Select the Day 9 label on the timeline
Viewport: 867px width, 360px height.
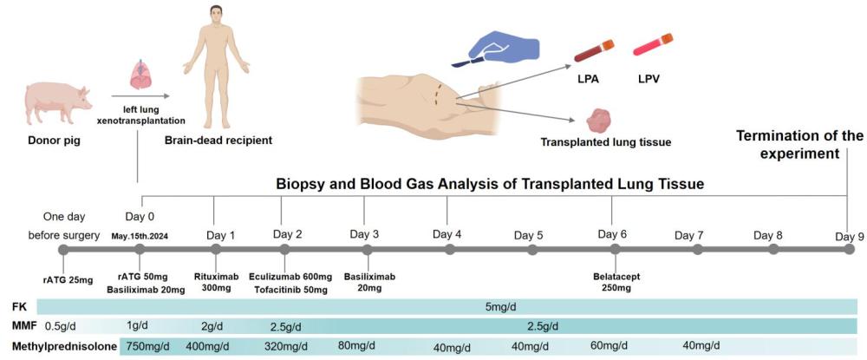[x=850, y=236]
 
